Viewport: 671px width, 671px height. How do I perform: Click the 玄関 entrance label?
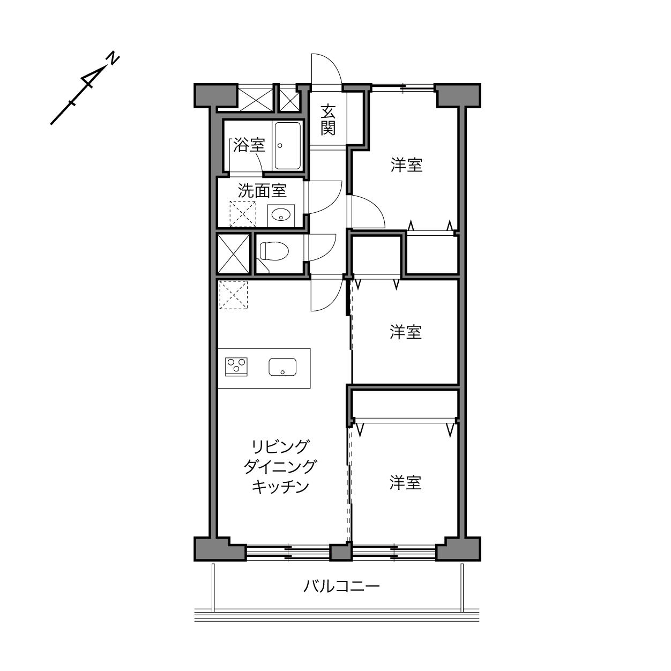[x=327, y=120]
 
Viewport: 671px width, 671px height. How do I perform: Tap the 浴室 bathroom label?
[x=249, y=145]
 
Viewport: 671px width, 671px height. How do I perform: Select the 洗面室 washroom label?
[x=262, y=190]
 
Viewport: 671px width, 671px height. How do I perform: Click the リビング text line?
[x=281, y=446]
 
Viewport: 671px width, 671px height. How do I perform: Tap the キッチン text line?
[x=281, y=487]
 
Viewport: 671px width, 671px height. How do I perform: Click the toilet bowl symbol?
[x=274, y=251]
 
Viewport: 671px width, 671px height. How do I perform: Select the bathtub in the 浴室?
[x=288, y=146]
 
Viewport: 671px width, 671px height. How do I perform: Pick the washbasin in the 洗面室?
[x=281, y=215]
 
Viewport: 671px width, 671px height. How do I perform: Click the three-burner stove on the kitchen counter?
[x=236, y=367]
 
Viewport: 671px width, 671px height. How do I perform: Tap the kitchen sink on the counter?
[x=282, y=367]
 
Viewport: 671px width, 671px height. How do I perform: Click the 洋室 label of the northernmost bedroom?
[x=406, y=165]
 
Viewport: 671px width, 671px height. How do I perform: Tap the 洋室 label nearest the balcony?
[x=405, y=483]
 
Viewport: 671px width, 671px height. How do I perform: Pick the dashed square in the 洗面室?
[x=243, y=214]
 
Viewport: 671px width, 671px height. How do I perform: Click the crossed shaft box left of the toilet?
[x=234, y=254]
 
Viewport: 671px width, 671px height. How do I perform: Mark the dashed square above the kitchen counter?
[x=233, y=295]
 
